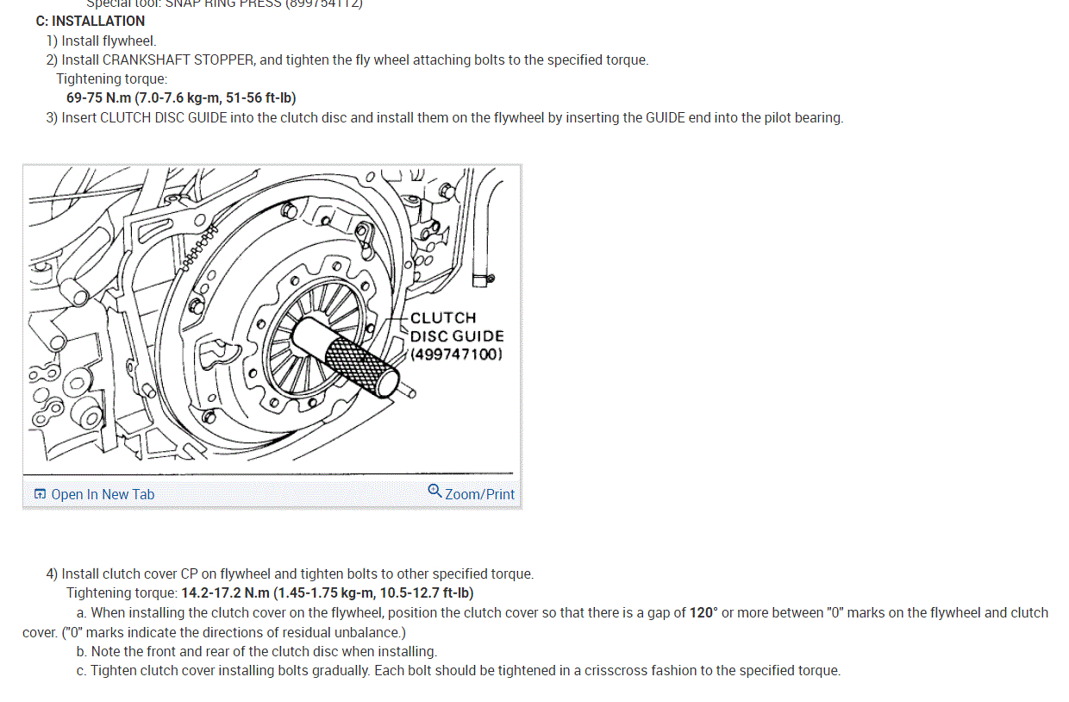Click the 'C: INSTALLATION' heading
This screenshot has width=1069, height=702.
click(91, 21)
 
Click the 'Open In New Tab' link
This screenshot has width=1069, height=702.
click(103, 494)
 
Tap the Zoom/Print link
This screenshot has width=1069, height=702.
click(479, 494)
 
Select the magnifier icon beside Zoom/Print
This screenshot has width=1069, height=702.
click(434, 492)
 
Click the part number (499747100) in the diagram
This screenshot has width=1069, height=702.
click(457, 354)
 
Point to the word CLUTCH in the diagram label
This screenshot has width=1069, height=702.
click(443, 318)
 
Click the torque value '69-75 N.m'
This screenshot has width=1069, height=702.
click(98, 98)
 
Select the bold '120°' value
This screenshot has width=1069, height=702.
click(703, 613)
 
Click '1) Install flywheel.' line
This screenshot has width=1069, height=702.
click(101, 41)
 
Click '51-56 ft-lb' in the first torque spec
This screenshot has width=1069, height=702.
click(259, 98)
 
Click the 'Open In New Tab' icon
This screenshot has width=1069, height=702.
click(40, 494)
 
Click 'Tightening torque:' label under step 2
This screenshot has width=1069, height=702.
click(112, 79)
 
